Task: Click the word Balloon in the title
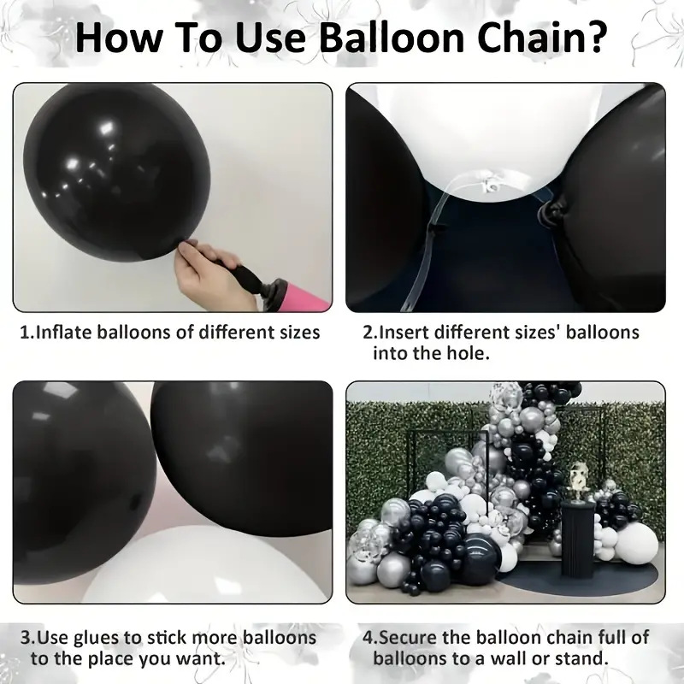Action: (x=391, y=38)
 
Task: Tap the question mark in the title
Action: (x=595, y=38)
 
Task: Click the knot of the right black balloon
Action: (x=551, y=210)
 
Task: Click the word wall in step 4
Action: (x=506, y=658)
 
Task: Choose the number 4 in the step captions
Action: (x=368, y=638)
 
